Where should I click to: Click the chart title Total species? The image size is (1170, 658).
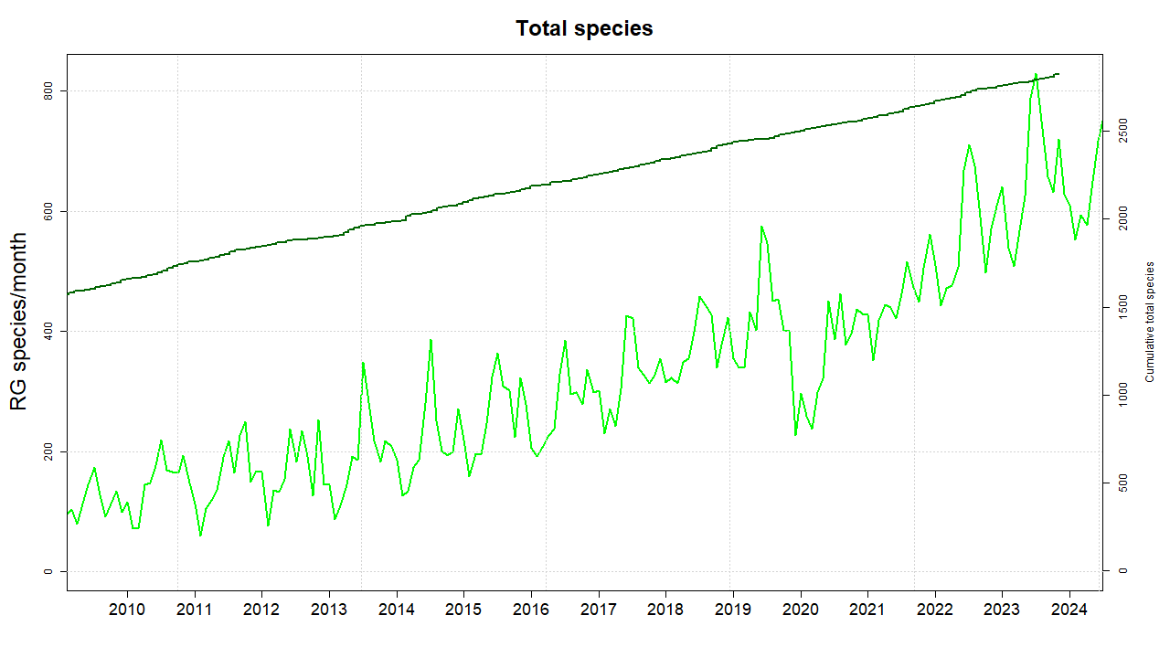click(x=584, y=28)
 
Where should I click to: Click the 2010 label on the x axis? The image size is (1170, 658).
click(x=127, y=609)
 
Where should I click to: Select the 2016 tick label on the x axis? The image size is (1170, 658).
click(x=531, y=609)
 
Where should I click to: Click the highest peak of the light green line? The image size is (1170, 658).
click(x=1036, y=74)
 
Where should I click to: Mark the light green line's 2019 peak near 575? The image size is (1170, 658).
click(x=761, y=227)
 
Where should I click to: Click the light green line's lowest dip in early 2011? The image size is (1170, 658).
click(x=200, y=536)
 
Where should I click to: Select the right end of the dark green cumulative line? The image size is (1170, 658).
click(x=1058, y=74)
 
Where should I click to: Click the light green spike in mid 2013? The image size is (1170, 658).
click(x=363, y=363)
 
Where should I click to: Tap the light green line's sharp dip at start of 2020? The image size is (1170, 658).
click(x=795, y=435)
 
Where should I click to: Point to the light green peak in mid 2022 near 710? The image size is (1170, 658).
click(x=969, y=145)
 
